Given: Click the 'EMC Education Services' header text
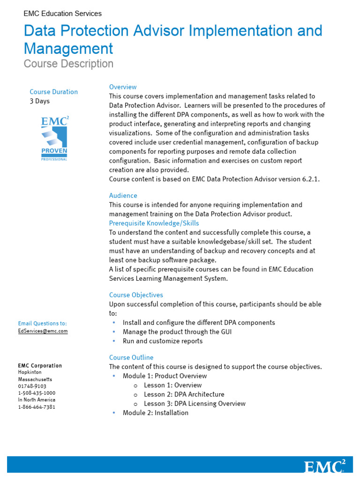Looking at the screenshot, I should coord(62,14).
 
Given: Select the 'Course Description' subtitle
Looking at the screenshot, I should coord(68,64).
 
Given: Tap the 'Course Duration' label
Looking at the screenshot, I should coord(53,92).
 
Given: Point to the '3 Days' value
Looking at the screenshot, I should coord(39,101).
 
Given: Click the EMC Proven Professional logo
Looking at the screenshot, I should coord(54,139).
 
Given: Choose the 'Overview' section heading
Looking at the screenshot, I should coord(123,87).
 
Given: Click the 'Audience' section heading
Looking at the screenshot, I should coord(123,195).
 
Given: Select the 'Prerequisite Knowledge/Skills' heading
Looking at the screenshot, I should coord(154,223).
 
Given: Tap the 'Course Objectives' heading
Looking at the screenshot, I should coord(136,295).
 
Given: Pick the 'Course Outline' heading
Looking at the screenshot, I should coord(131,357).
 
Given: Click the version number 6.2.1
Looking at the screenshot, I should coord(309,179).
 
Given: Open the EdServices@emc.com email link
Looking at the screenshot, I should coord(43,331).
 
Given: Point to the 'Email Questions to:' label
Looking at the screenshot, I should coord(42,323).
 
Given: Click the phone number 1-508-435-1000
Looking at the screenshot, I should coord(37,393).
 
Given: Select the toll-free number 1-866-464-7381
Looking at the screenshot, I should coord(37,407).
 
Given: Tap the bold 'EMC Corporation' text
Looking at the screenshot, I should coord(40,366).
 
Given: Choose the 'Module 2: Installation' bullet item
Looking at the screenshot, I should coord(155,412).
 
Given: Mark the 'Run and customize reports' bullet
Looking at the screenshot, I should coord(162,341).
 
